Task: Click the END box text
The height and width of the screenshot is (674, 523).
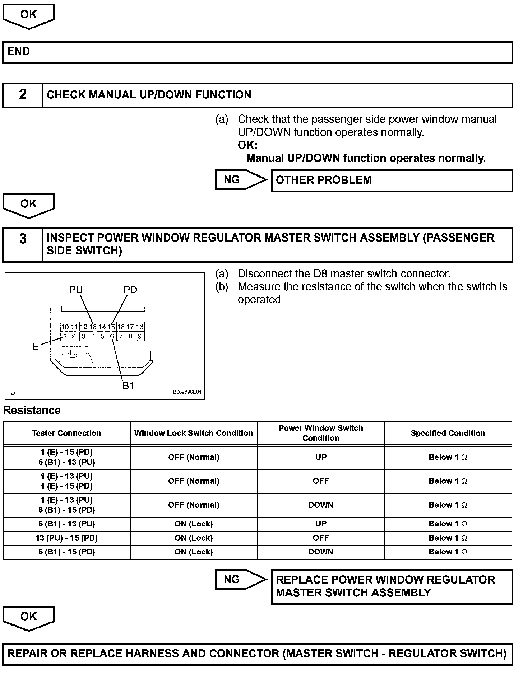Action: click(19, 52)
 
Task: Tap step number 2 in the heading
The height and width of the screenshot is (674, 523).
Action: click(23, 95)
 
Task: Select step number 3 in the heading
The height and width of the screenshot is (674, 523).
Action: click(23, 239)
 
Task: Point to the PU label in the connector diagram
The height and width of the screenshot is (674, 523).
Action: click(76, 290)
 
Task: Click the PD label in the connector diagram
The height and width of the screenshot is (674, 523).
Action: click(130, 290)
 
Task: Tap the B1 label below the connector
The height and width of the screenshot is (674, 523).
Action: click(128, 386)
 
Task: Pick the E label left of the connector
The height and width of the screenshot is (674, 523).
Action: click(35, 347)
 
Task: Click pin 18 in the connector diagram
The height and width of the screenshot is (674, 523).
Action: click(140, 327)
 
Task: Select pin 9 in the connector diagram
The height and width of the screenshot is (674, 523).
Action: click(140, 337)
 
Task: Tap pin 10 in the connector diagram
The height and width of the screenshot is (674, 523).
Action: click(65, 327)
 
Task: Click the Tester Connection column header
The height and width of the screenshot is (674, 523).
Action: click(67, 434)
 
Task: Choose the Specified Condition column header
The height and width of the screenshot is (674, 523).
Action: click(448, 434)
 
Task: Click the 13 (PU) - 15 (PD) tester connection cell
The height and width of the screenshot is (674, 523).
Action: click(67, 538)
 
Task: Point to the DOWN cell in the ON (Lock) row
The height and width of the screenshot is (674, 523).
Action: click(321, 552)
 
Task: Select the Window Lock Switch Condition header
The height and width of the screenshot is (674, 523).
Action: click(194, 434)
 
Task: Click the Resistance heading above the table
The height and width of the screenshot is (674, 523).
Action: click(32, 411)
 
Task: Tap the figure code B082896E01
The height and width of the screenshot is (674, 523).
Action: click(187, 392)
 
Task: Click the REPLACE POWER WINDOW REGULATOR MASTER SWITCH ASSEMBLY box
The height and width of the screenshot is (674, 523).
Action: click(391, 586)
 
